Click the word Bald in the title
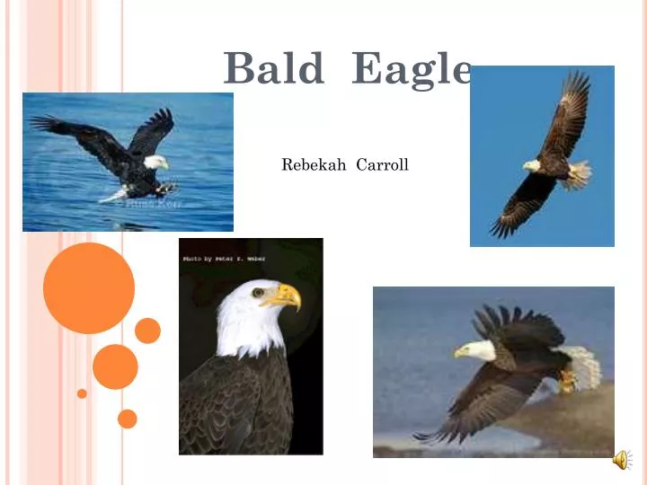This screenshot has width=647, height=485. click(273, 68)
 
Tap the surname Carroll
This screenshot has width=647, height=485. click(383, 165)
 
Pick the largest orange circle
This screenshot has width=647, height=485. click(89, 288)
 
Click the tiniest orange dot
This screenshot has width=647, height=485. click(82, 393)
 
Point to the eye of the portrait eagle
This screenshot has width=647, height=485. click(259, 292)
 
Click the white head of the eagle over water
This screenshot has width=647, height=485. click(155, 162)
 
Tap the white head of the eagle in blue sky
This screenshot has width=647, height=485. click(532, 165)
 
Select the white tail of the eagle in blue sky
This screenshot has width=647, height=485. click(579, 172)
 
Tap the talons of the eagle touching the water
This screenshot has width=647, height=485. click(165, 189)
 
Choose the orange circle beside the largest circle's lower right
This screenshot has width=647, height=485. click(147, 331)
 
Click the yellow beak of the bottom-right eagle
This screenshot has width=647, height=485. click(459, 353)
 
